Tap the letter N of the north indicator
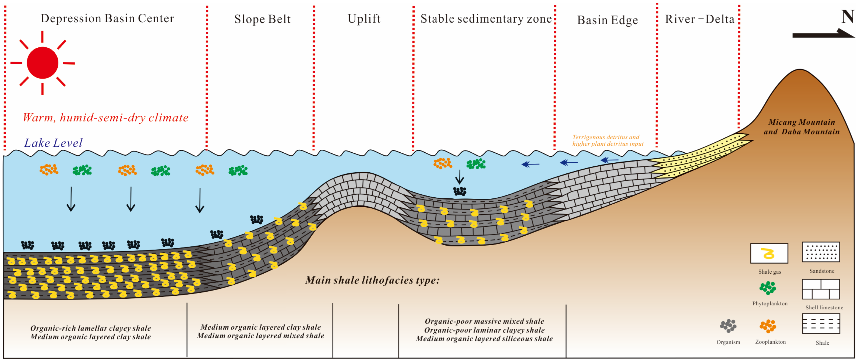pyautogui.click(x=847, y=17)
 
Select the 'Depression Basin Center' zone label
pyautogui.click(x=107, y=19)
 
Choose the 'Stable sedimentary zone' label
pyautogui.click(x=486, y=19)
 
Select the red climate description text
pyautogui.click(x=106, y=117)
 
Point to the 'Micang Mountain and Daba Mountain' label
pyautogui.click(x=801, y=127)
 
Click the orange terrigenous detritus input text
pyautogui.click(x=608, y=140)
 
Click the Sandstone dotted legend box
pyautogui.click(x=821, y=252)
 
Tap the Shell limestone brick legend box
pyautogui.click(x=821, y=289)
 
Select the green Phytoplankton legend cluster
pyautogui.click(x=768, y=288)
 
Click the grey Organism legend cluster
pyautogui.click(x=728, y=326)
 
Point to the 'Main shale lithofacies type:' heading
pyautogui.click(x=372, y=280)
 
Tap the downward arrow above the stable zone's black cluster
pyautogui.click(x=460, y=177)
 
